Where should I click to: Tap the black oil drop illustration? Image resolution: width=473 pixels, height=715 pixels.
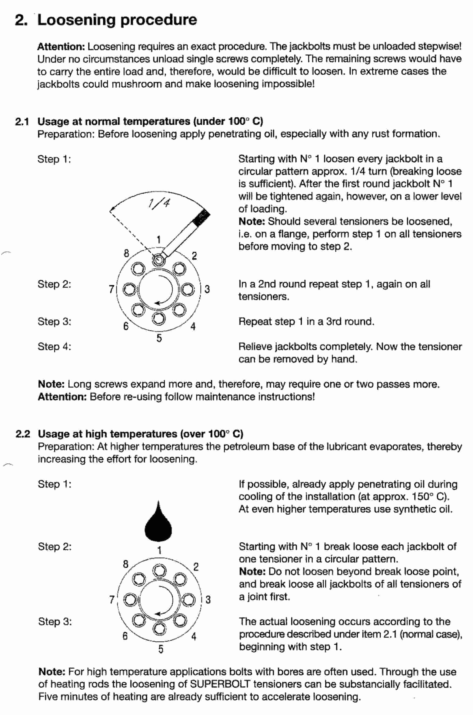(158, 523)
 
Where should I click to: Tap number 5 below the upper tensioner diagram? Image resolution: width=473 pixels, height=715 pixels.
(159, 338)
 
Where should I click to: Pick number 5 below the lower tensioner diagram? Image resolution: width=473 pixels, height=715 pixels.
(160, 649)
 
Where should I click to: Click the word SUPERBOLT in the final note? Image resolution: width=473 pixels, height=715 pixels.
(220, 684)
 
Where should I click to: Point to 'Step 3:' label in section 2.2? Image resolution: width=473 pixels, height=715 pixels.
(55, 621)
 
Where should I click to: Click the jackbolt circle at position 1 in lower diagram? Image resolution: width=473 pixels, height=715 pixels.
(159, 570)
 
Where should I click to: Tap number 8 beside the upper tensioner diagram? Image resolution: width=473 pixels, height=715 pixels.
(126, 253)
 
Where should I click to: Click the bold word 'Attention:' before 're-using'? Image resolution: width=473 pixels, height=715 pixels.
(62, 397)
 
